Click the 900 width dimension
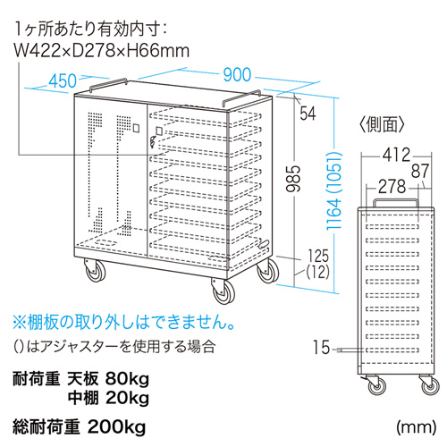237,74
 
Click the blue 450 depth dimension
63,80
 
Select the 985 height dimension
293,178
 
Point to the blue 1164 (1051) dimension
333,190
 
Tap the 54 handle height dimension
308,114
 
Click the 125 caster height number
318,256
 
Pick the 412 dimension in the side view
396,155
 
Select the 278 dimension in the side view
392,187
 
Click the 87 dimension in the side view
420,171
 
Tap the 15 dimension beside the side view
321,348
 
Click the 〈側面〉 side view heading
382,124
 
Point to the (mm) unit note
416,427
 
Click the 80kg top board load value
127,379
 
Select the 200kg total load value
117,427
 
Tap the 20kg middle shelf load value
127,398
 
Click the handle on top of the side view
396,202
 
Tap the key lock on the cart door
153,141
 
